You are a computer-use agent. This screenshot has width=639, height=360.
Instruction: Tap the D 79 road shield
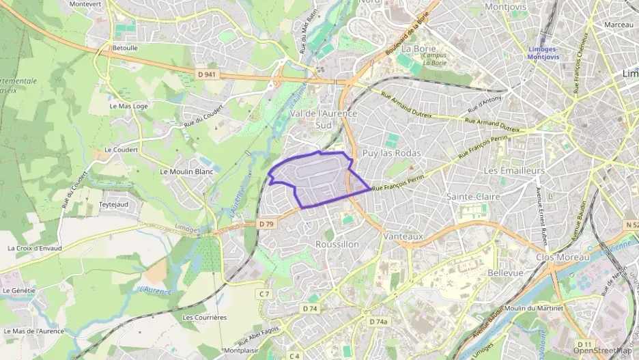pos(266,223)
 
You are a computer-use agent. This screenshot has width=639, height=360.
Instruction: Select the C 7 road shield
pos(265,293)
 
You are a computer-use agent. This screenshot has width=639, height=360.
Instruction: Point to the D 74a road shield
pos(378,322)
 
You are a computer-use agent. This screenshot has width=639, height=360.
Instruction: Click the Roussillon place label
pos(337,244)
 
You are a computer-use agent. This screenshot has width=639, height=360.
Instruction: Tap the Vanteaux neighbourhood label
pos(403,236)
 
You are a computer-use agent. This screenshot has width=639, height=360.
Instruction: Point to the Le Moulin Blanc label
pos(186,171)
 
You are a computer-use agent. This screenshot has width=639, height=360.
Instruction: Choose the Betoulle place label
pos(124,49)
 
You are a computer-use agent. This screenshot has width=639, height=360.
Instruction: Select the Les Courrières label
pos(204,318)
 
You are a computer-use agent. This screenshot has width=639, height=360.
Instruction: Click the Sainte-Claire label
pos(473,197)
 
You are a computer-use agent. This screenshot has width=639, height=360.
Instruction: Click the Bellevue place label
pos(505,273)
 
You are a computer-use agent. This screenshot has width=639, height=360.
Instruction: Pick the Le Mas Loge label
pos(128,107)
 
